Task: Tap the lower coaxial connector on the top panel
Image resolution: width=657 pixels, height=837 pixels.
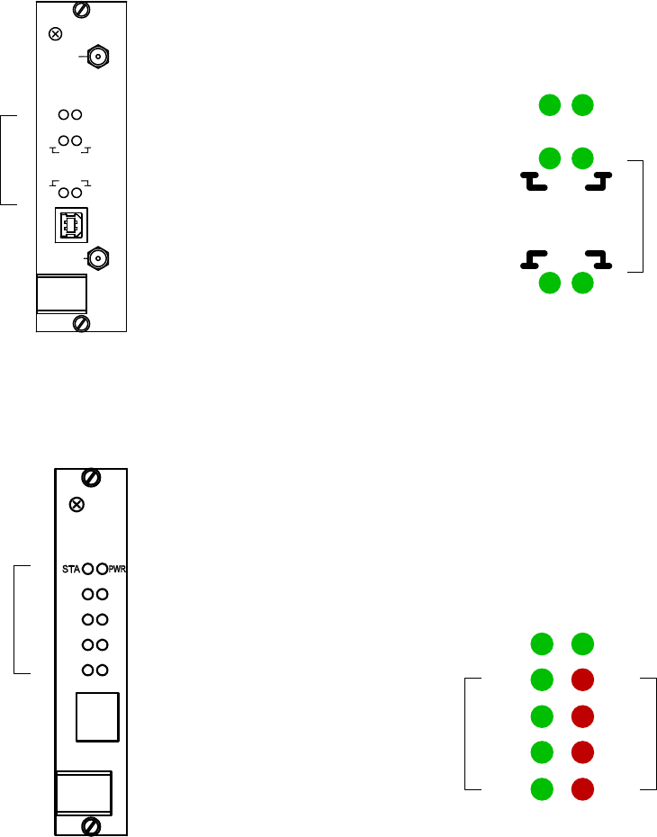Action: click(x=97, y=259)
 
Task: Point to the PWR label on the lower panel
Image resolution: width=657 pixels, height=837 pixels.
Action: click(x=118, y=570)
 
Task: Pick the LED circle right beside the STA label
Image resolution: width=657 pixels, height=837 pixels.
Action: click(x=88, y=570)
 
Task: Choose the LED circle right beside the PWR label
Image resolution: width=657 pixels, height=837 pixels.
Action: click(x=103, y=570)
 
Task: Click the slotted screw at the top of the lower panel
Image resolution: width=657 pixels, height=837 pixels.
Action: click(x=91, y=477)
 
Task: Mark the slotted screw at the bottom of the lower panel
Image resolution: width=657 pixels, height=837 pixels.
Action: click(x=91, y=826)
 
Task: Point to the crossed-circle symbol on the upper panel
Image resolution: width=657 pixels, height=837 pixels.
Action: click(x=56, y=35)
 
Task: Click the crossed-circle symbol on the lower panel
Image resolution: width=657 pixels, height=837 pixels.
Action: click(x=77, y=505)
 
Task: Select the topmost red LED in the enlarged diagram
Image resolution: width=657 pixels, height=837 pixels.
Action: click(x=583, y=679)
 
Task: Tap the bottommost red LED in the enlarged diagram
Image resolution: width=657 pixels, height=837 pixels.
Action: click(x=583, y=789)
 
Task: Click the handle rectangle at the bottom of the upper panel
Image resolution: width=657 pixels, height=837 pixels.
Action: click(x=62, y=293)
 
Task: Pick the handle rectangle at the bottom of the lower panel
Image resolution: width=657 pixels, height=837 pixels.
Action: click(x=84, y=792)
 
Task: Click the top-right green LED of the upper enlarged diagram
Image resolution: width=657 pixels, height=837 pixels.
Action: click(x=583, y=105)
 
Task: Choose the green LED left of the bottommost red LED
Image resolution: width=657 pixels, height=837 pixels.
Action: click(x=541, y=789)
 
